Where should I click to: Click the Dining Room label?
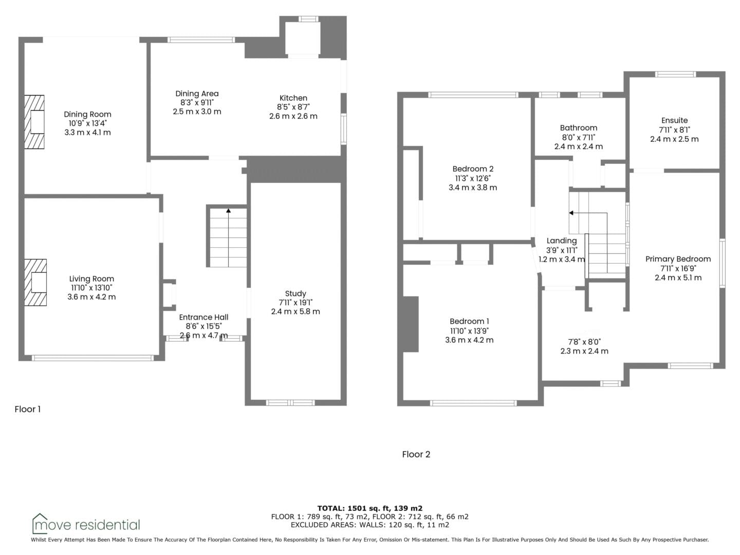[88, 114]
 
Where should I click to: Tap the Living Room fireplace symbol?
[35, 283]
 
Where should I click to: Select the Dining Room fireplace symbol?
[34, 122]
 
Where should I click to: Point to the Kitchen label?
[293, 98]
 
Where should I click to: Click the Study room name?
[295, 293]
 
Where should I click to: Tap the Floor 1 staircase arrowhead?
[229, 211]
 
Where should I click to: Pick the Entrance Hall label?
[203, 317]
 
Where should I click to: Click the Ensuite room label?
[674, 120]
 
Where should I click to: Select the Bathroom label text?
[579, 128]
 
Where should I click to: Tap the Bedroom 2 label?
[473, 169]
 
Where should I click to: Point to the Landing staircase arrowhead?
[571, 213]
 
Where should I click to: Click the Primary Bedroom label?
[678, 259]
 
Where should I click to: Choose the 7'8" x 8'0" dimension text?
[584, 342]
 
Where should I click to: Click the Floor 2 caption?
[416, 454]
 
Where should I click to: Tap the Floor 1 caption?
[28, 409]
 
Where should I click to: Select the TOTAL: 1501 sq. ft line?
[370, 508]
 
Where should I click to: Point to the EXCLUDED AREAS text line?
[370, 525]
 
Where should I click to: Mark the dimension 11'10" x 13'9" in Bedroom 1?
[469, 331]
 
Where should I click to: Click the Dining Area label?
[197, 94]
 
